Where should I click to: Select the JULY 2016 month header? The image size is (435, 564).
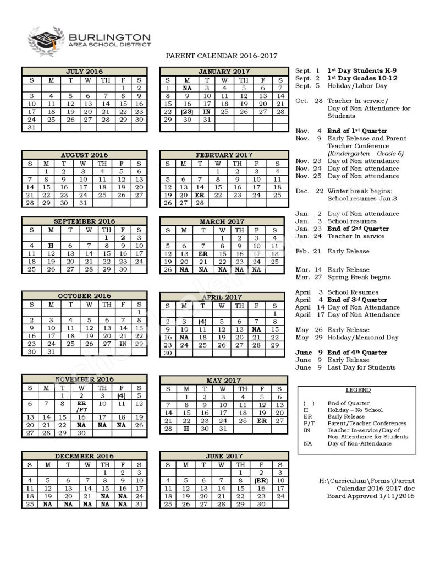pyautogui.click(x=84, y=72)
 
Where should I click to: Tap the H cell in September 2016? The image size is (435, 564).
pyautogui.click(x=51, y=246)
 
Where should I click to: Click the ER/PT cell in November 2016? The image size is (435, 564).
pyautogui.click(x=81, y=406)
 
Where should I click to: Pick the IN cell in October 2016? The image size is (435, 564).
pyautogui.click(x=124, y=343)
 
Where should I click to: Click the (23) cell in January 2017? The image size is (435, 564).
pyautogui.click(x=187, y=112)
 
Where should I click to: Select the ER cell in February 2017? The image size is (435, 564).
pyautogui.click(x=200, y=195)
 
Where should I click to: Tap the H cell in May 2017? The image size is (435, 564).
pyautogui.click(x=186, y=428)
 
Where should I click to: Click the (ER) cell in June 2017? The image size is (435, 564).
pyautogui.click(x=261, y=480)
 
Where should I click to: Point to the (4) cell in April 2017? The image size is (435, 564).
pyautogui.click(x=202, y=322)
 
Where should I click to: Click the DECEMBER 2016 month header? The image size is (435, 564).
pyautogui.click(x=84, y=456)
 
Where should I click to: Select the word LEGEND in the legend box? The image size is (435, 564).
pyautogui.click(x=358, y=390)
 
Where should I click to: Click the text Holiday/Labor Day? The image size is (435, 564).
pyautogui.click(x=357, y=86)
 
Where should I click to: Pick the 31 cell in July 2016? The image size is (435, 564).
pyautogui.click(x=31, y=128)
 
